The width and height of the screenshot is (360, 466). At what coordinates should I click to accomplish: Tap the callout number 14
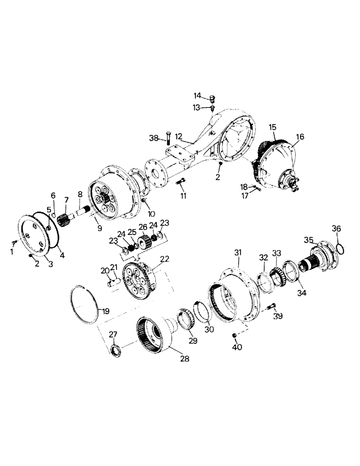pos(198,96)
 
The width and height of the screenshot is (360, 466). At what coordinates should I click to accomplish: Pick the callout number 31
pos(238,252)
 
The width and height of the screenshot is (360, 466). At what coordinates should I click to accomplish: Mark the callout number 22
pos(165,259)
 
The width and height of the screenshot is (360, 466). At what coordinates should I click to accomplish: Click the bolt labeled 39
pos(273,307)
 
